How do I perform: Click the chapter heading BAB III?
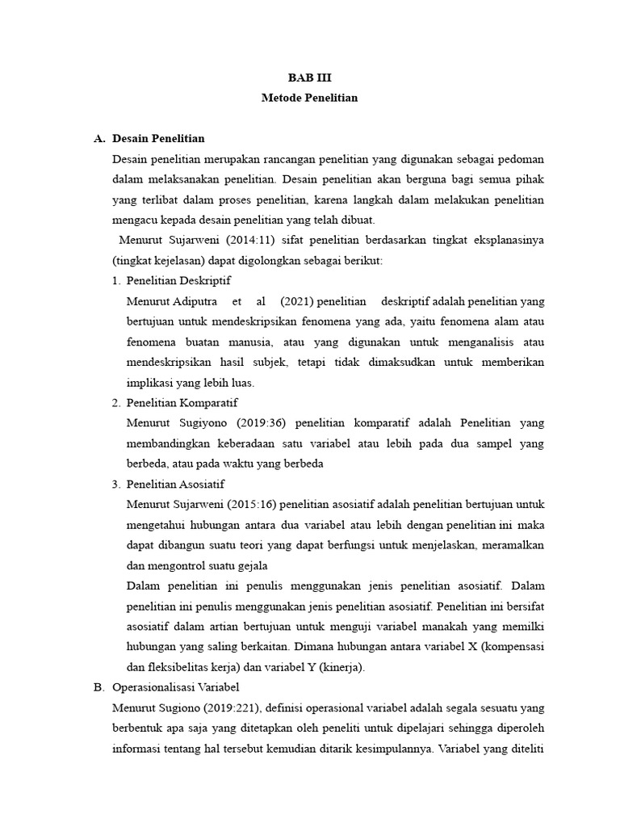pyautogui.click(x=309, y=78)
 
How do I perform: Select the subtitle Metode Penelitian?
pyautogui.click(x=309, y=98)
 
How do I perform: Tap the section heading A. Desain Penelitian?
pyautogui.click(x=149, y=139)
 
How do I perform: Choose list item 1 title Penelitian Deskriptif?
pyautogui.click(x=178, y=281)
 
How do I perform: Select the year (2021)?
pyautogui.click(x=296, y=301)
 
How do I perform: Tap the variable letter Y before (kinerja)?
pyautogui.click(x=323, y=667)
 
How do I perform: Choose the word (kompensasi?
pyautogui.click(x=508, y=647)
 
